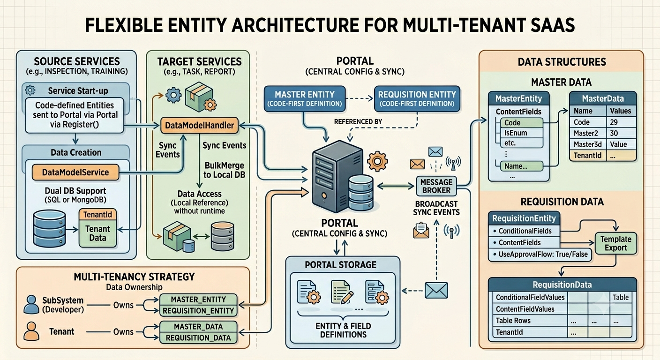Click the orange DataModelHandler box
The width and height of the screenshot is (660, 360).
coord(200,125)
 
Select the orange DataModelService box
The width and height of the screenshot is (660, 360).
coord(75,172)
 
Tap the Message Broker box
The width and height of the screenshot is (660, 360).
coord(436,186)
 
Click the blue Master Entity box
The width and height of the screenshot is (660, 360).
coord(305,99)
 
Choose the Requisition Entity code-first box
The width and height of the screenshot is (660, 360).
coord(417,99)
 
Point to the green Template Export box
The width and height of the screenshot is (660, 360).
coord(616,243)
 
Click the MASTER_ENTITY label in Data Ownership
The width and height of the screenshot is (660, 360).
coord(198,300)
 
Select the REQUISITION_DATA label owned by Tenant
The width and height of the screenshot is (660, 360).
coord(198,338)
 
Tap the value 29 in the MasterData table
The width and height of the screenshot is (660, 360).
coord(614,122)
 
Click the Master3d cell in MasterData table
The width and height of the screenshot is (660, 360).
coord(587,144)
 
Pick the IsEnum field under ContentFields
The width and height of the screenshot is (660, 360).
coord(516,133)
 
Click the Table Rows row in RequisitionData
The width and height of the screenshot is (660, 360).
coord(513,321)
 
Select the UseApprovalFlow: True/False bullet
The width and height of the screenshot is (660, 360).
coord(540,254)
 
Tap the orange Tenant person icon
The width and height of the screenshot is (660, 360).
coord(31,331)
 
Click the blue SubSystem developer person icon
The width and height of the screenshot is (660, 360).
coord(31,304)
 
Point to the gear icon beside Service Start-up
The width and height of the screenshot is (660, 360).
coord(30,90)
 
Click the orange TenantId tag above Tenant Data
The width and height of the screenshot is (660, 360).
coord(97,215)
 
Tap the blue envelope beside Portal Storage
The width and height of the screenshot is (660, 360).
coord(436,290)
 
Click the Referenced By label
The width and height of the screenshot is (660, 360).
coord(358,121)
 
